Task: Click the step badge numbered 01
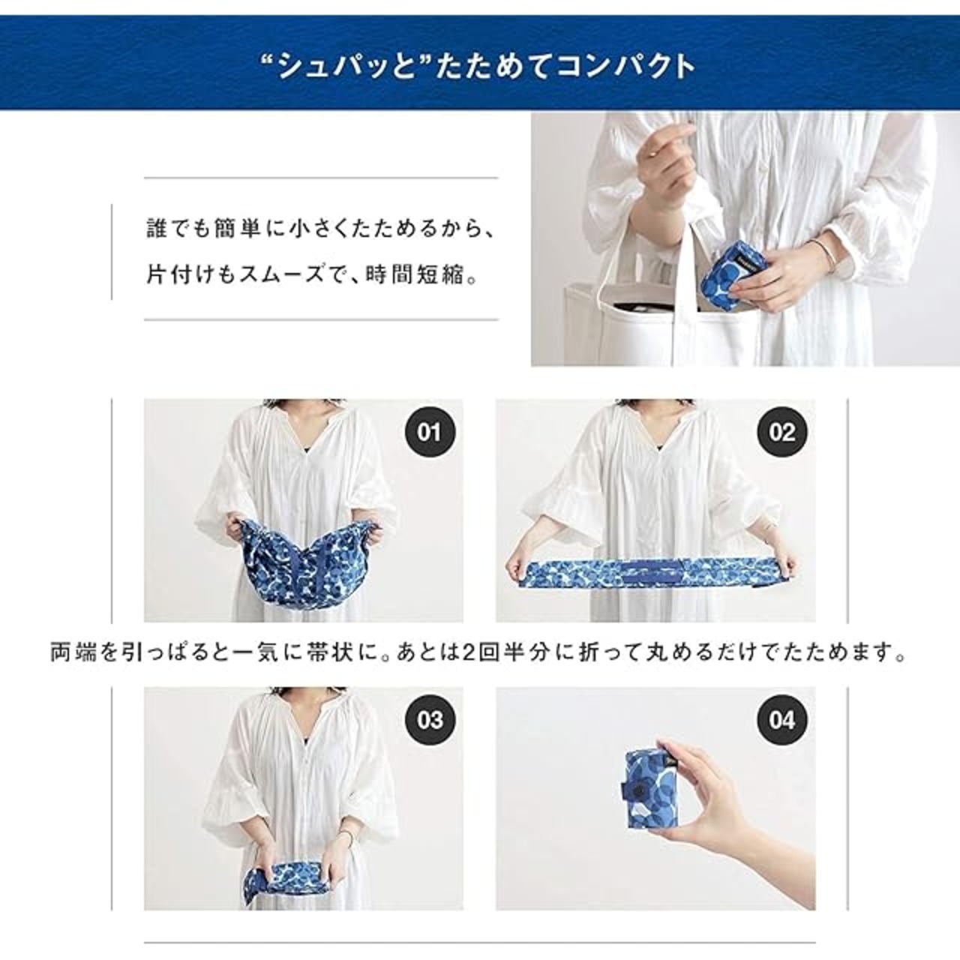click(x=430, y=432)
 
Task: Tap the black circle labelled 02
click(x=781, y=432)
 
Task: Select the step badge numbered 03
click(x=430, y=720)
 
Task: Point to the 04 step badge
click(x=781, y=720)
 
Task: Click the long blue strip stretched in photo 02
click(x=650, y=574)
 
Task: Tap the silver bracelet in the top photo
click(x=821, y=251)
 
